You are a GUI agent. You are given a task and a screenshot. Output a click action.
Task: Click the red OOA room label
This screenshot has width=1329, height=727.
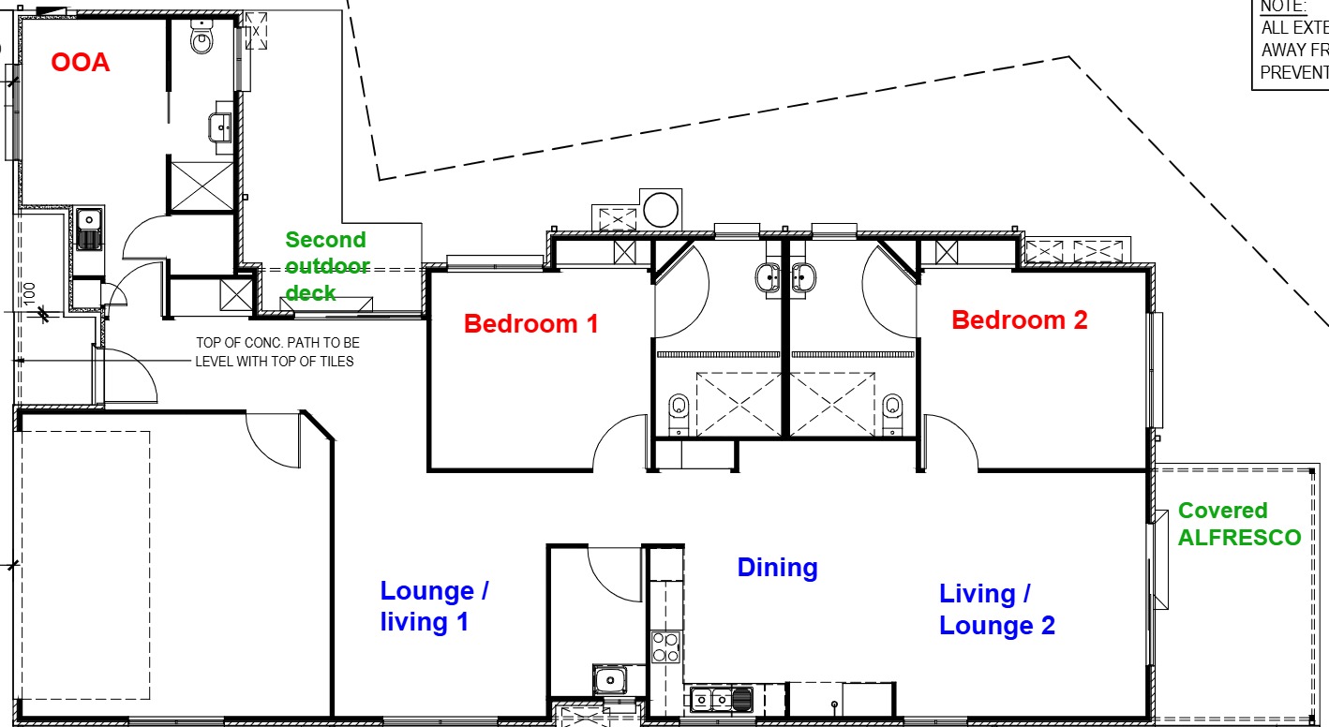point(80,63)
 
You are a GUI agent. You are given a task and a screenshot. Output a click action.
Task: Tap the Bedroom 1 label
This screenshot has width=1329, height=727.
point(530,324)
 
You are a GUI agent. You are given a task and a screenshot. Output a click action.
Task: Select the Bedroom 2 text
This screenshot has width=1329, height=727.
point(1020,320)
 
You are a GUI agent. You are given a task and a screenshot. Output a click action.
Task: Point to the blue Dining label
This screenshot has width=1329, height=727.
point(777,568)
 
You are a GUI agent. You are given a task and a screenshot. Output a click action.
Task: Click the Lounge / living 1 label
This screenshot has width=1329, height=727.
point(434,606)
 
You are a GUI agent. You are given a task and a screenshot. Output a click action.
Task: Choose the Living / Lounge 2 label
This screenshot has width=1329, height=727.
point(996,609)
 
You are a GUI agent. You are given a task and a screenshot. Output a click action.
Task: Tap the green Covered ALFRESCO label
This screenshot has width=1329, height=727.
point(1239,524)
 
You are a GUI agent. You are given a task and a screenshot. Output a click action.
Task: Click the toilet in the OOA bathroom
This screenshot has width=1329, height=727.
point(202,37)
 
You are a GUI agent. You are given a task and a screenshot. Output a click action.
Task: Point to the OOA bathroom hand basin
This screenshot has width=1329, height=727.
point(222,125)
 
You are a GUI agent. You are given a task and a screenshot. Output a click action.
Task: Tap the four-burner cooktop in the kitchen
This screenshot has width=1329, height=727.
point(665,647)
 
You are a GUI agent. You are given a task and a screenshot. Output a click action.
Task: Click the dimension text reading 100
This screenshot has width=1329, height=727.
point(29,294)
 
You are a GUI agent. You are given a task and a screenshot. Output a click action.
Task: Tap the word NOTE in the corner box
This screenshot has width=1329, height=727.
point(1283,7)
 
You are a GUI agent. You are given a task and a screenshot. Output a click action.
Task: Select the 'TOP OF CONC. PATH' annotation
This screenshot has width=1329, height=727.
point(276,352)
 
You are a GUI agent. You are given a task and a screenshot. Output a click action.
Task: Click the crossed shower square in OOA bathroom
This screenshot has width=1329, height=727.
point(201,185)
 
